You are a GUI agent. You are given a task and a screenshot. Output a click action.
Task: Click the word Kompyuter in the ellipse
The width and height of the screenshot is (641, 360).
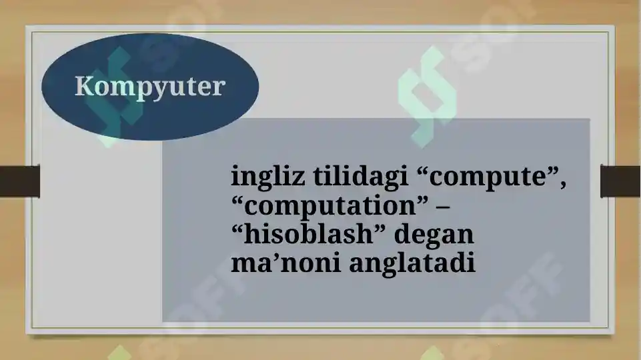click(x=149, y=87)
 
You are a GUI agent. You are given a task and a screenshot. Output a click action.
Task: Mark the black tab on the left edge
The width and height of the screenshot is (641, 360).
click(x=19, y=181)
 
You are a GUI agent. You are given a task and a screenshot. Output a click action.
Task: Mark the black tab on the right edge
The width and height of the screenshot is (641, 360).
click(x=620, y=181)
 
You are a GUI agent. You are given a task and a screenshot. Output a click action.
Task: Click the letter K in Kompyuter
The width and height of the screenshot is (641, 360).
click(x=83, y=86)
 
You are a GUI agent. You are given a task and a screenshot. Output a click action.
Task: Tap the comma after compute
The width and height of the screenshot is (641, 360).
click(x=564, y=185)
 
